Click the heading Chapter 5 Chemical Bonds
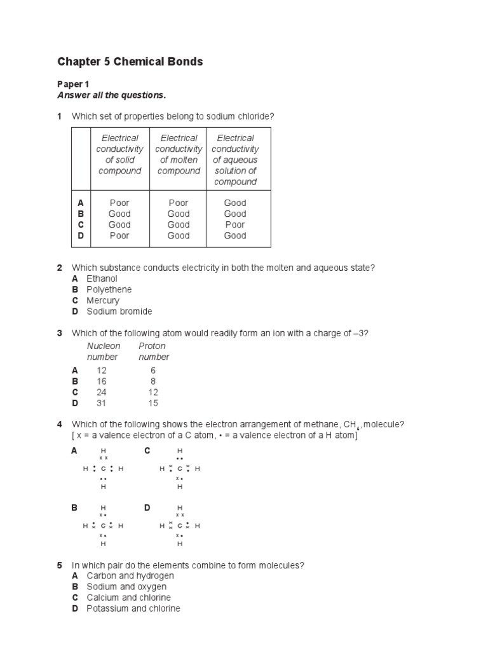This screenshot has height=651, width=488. pos(130,62)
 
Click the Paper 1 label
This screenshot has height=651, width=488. pos(71,84)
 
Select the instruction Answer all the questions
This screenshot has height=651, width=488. pos(111,95)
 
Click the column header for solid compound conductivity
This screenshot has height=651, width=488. pos(119,154)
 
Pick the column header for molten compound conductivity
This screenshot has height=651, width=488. pos(179,154)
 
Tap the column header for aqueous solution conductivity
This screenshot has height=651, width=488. pos(235,160)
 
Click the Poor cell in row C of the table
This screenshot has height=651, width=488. pos(235,224)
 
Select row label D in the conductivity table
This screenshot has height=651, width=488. pos(81,235)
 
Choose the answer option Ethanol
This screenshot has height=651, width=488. pos(102,278)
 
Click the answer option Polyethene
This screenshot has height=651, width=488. pos(109,289)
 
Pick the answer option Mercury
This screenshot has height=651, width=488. pos(103,300)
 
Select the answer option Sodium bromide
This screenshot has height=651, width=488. pos(119,312)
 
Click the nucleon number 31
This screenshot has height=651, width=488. pos(102,403)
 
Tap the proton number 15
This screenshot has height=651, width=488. pos(153,403)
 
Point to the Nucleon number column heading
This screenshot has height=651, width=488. pos(103,352)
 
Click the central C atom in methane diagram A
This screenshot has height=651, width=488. pos(103,469)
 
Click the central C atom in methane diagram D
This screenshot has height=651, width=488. pos(180,526)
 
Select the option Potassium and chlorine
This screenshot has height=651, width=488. pos(133,608)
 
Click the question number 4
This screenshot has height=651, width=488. pos(60,424)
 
